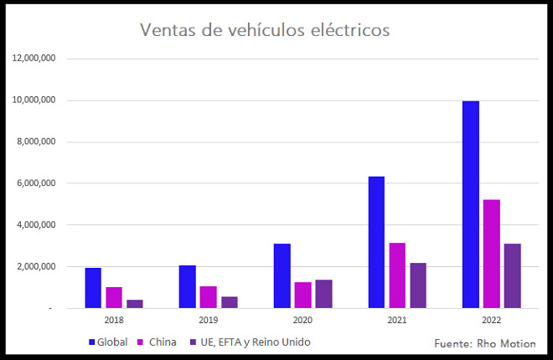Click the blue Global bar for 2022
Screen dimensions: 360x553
(470, 204)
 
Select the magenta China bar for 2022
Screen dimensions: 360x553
(491, 254)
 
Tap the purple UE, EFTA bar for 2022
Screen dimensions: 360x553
(512, 275)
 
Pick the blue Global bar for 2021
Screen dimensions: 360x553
(376, 242)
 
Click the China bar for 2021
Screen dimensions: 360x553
(397, 275)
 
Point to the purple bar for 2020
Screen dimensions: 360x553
(323, 294)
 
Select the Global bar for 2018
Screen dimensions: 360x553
(93, 288)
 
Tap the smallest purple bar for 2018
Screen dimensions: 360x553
(135, 304)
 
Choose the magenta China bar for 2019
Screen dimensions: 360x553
(208, 297)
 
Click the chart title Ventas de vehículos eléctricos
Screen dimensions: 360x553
(264, 30)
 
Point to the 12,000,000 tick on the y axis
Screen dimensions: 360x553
(34, 59)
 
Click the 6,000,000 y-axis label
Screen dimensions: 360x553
(35, 183)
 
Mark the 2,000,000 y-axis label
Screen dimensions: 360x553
(35, 266)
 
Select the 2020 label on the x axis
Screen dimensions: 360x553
(302, 321)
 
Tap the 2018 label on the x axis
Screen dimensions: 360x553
(114, 321)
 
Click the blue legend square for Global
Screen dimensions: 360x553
(91, 342)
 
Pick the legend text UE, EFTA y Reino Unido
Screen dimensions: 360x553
(250, 342)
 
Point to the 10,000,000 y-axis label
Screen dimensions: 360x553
(34, 100)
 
